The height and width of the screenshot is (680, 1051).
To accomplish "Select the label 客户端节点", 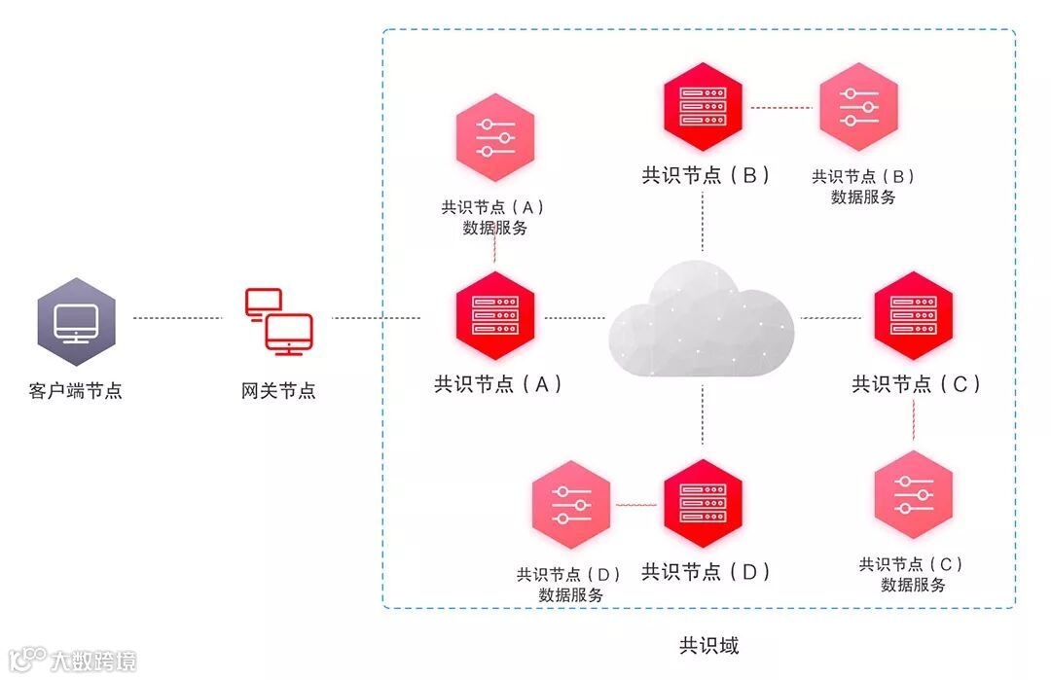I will pyautogui.click(x=76, y=391).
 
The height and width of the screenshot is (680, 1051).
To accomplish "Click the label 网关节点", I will pyautogui.click(x=278, y=391).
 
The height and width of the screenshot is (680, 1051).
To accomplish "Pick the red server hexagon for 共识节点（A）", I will pyautogui.click(x=495, y=316).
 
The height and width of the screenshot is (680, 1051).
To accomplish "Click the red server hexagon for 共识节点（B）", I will pyautogui.click(x=703, y=100).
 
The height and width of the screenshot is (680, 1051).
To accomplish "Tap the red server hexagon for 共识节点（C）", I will pyautogui.click(x=913, y=316).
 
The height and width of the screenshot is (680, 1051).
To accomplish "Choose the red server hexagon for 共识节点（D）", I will pyautogui.click(x=703, y=503).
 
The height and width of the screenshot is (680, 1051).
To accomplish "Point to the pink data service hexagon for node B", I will pyautogui.click(x=858, y=107).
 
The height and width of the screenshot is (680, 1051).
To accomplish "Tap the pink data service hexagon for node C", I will pyautogui.click(x=913, y=494).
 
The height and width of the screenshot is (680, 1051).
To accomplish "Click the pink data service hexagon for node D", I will pyautogui.click(x=571, y=503).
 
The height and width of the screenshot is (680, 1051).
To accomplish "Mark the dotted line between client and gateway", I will pyautogui.click(x=178, y=318).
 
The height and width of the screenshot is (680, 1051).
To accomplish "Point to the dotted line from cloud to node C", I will pyautogui.click(x=829, y=318).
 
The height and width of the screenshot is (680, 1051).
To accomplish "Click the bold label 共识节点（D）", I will pyautogui.click(x=706, y=572).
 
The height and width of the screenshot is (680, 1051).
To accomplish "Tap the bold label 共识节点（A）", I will pyautogui.click(x=497, y=384).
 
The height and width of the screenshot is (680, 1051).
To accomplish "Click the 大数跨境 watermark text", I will pyautogui.click(x=93, y=662).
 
